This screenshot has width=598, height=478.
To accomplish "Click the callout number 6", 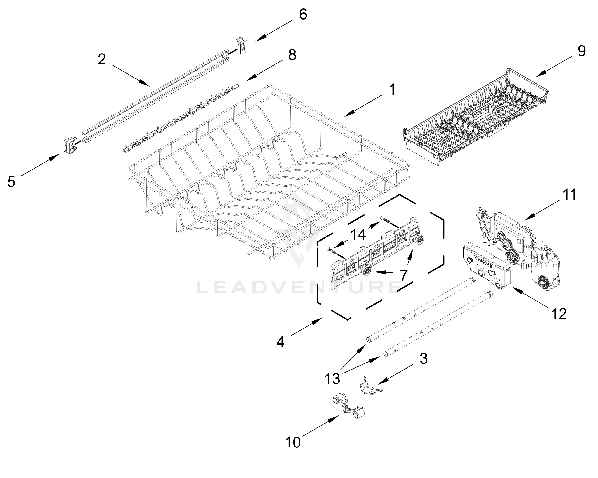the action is pyautogui.click(x=303, y=14).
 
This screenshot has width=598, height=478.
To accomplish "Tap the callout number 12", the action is pyautogui.click(x=559, y=314).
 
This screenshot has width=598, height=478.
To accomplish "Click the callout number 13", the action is pyautogui.click(x=332, y=378).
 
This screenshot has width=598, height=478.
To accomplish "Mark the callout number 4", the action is pyautogui.click(x=280, y=342).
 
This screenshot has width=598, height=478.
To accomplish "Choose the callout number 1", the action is pyautogui.click(x=392, y=90).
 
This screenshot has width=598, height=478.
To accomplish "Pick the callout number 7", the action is pyautogui.click(x=403, y=275).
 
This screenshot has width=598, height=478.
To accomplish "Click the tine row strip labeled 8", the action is pyautogui.click(x=180, y=118).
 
